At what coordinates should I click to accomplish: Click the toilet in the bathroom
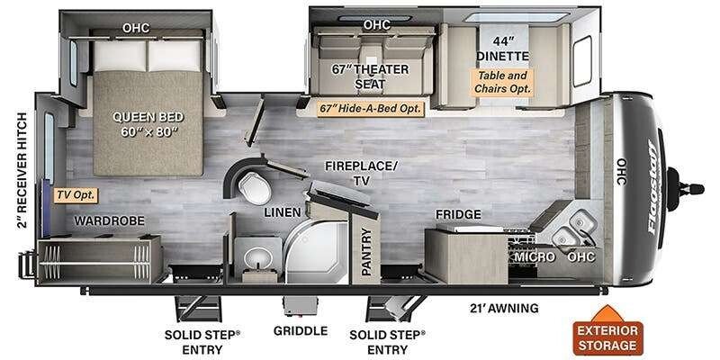254,187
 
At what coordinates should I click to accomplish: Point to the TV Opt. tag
76,195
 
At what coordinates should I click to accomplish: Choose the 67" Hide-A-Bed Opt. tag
371,109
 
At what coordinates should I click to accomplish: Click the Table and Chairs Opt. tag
503,82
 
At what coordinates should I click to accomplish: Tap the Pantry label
366,251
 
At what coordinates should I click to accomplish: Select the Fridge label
458,214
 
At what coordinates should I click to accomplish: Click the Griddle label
301,330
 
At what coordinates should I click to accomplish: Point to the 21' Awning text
504,308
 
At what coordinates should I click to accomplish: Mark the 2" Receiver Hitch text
22,170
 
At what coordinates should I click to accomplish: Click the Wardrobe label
109,220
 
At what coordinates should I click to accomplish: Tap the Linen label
283,212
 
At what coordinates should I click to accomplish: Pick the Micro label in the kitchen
534,257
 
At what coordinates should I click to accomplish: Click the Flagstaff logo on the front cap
652,187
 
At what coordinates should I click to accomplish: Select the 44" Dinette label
503,49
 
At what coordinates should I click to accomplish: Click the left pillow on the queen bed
120,56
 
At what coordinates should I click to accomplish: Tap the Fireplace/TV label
361,173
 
